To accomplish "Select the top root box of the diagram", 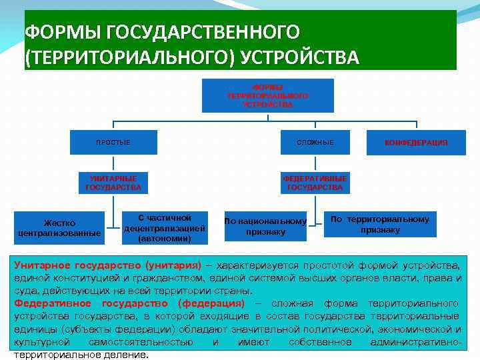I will pos(267,95).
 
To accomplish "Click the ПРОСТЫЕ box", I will pos(113,143).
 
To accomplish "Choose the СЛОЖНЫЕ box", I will pos(315,143).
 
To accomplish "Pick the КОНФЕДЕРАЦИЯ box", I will pos(416,143).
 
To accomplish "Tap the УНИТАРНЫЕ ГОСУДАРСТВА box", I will pos(113,183).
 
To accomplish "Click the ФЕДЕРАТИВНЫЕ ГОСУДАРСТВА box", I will pos(315,183).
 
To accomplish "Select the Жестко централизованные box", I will pos(60,227).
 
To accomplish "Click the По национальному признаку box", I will pos(265,227).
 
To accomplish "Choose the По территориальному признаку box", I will pos(380,225).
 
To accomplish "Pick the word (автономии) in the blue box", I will pos(164,238).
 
